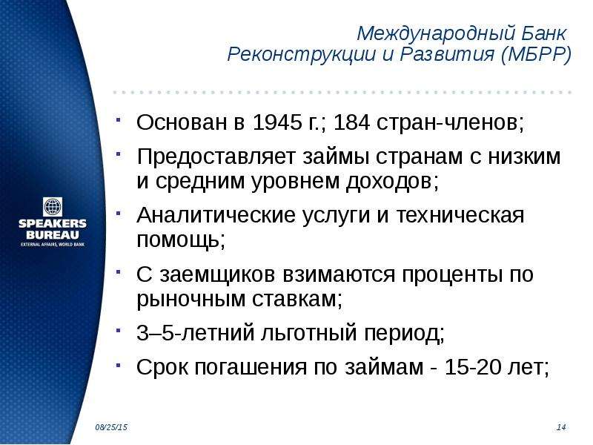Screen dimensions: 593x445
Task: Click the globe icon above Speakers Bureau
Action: pyautogui.click(x=53, y=207)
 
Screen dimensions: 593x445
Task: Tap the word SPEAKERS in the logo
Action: pyautogui.click(x=53, y=223)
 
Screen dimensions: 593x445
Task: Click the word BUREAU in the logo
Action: pyautogui.click(x=53, y=234)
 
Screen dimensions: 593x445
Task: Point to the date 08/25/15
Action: pyautogui.click(x=111, y=427)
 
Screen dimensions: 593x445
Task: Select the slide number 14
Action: pyautogui.click(x=561, y=427)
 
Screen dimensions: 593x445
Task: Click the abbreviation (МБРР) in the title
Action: pyautogui.click(x=536, y=54)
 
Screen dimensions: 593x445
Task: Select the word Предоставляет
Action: pyautogui.click(x=216, y=156)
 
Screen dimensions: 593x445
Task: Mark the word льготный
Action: pyautogui.click(x=309, y=333)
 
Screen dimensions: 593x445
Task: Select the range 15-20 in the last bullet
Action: pyautogui.click(x=468, y=366)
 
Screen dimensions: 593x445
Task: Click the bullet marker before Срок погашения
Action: pyautogui.click(x=119, y=365)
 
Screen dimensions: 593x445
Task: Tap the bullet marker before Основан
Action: pyautogui.click(x=119, y=120)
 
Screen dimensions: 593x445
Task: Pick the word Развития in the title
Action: pyautogui.click(x=447, y=54)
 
